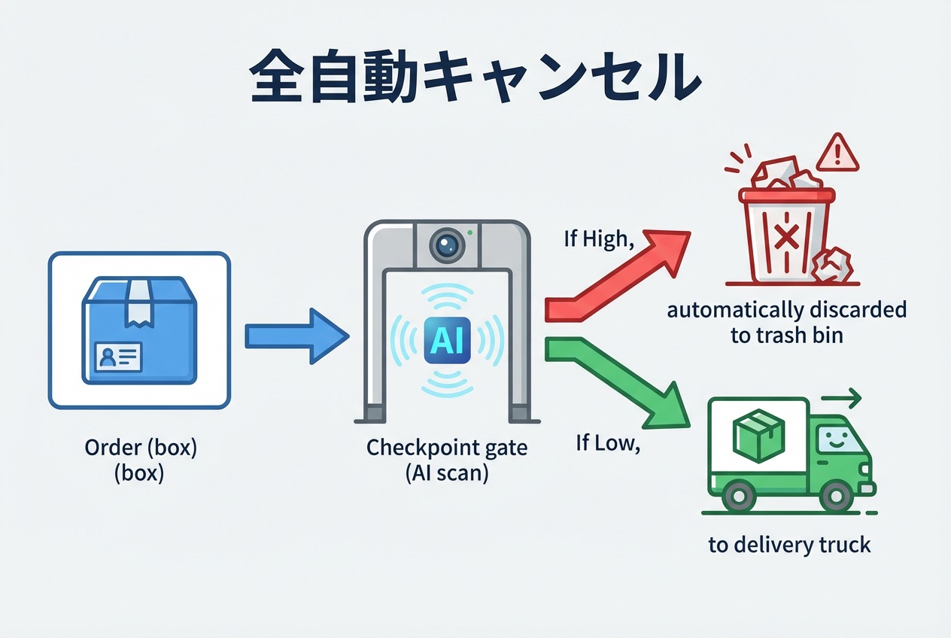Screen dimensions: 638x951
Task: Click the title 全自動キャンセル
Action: click(x=475, y=77)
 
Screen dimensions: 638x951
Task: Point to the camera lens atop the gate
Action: click(x=447, y=244)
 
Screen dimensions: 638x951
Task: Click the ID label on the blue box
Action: click(x=118, y=355)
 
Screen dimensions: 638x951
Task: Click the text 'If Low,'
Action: click(x=607, y=443)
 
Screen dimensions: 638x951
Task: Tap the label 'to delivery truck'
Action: click(x=789, y=545)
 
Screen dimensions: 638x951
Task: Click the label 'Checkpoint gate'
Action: click(x=447, y=448)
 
